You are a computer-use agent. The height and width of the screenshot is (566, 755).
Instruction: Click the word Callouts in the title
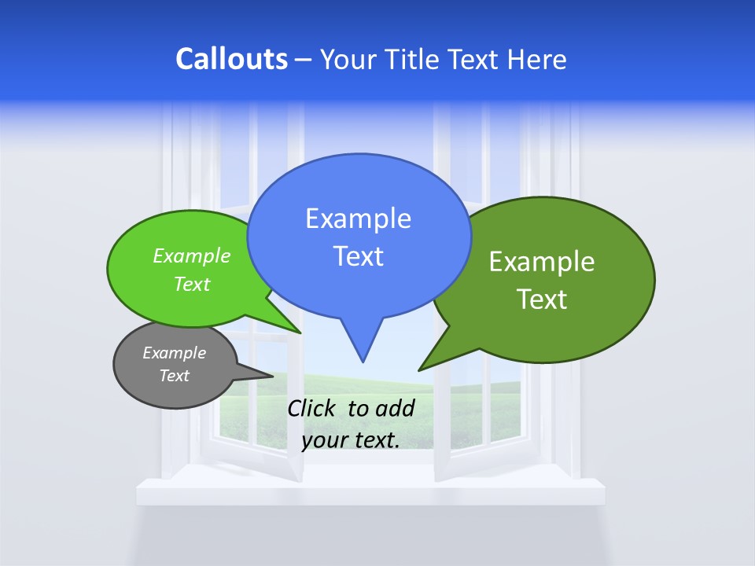pos(231,59)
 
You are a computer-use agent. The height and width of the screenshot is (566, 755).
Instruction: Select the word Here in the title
pos(539,59)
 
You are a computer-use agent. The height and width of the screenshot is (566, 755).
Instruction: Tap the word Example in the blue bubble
pos(358,219)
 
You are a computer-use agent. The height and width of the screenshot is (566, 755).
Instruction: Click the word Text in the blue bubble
pos(358,255)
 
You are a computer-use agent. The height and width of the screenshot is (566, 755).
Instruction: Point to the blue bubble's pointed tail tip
pos(363,361)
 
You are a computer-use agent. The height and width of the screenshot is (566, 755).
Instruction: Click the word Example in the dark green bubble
pos(542,262)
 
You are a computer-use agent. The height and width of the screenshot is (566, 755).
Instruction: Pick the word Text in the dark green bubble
pos(542,299)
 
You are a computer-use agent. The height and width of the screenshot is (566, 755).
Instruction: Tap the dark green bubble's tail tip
pos(420,369)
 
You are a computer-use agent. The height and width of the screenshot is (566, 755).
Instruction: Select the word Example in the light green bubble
pos(192,255)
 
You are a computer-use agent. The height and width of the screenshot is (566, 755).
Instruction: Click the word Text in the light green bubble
pos(192,284)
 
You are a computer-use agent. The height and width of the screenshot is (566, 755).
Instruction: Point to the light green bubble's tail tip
pos(300,333)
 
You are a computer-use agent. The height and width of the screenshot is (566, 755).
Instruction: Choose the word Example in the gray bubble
pos(174,353)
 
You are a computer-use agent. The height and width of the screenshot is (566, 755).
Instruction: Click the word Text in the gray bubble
pos(174,376)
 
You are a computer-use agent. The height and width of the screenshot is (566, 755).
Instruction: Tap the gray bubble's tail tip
pos(272,375)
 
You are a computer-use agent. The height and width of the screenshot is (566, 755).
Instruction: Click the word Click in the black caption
pos(311,408)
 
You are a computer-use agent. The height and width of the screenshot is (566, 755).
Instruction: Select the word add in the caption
pos(395,408)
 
